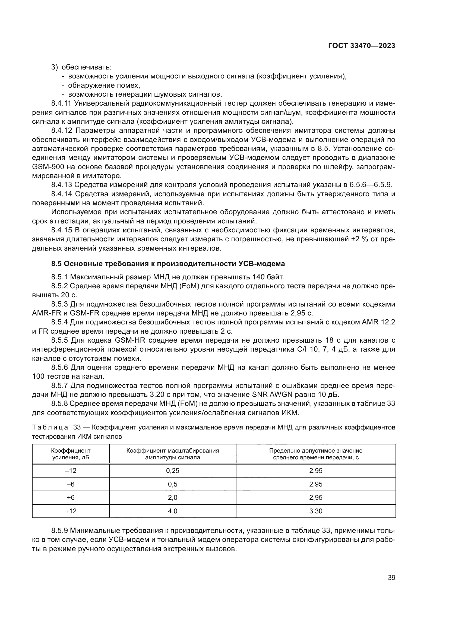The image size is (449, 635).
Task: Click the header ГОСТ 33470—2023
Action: point(361,46)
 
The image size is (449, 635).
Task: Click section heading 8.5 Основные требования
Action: point(168,264)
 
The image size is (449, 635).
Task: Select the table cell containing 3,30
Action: point(316,511)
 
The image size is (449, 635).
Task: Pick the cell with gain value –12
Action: point(71,471)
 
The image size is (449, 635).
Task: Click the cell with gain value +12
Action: point(71,511)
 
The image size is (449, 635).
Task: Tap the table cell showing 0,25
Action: point(173,471)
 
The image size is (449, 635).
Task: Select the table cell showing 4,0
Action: point(173,511)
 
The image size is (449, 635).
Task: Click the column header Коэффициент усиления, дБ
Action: point(71,454)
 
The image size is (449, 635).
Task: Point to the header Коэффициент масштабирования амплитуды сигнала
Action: point(173,454)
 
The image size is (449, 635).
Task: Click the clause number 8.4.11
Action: point(61,103)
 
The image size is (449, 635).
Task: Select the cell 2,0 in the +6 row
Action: point(173,498)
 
